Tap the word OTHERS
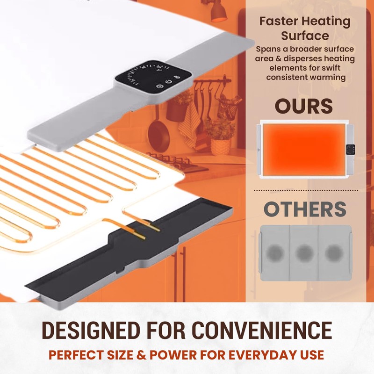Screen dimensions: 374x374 [x=305, y=210]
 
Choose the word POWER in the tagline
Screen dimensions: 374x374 [x=165, y=354]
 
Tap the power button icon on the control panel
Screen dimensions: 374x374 [x=159, y=86]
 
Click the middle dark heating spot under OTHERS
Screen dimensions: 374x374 [x=304, y=252]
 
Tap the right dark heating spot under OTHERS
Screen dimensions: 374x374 [x=333, y=252]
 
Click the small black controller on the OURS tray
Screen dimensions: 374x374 [x=348, y=150]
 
